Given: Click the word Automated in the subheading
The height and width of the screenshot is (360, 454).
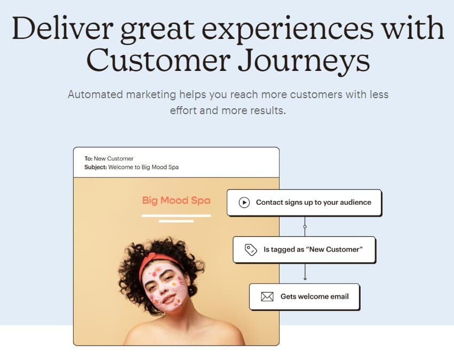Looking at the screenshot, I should tap(95, 95).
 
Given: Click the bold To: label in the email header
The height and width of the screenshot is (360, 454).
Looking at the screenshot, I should tap(89, 158).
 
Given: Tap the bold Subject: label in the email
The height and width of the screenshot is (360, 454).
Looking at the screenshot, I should tap(95, 167).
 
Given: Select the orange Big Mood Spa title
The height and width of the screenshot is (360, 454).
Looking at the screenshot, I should tap(176, 201).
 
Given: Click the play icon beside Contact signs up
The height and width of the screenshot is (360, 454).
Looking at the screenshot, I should tap(244, 203).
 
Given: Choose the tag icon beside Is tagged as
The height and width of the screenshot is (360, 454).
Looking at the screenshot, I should tap(251, 250).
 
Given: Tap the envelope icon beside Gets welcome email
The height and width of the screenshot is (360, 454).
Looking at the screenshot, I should tap(267, 297).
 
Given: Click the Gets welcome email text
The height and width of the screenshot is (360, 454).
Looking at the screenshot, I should tap(315, 297).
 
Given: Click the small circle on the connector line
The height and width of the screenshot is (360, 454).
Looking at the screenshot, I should tap(305, 227).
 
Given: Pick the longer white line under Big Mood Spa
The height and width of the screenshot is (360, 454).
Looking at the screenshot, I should tap(176, 215).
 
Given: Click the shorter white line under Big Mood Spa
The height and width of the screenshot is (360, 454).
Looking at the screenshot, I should tap(176, 221).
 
